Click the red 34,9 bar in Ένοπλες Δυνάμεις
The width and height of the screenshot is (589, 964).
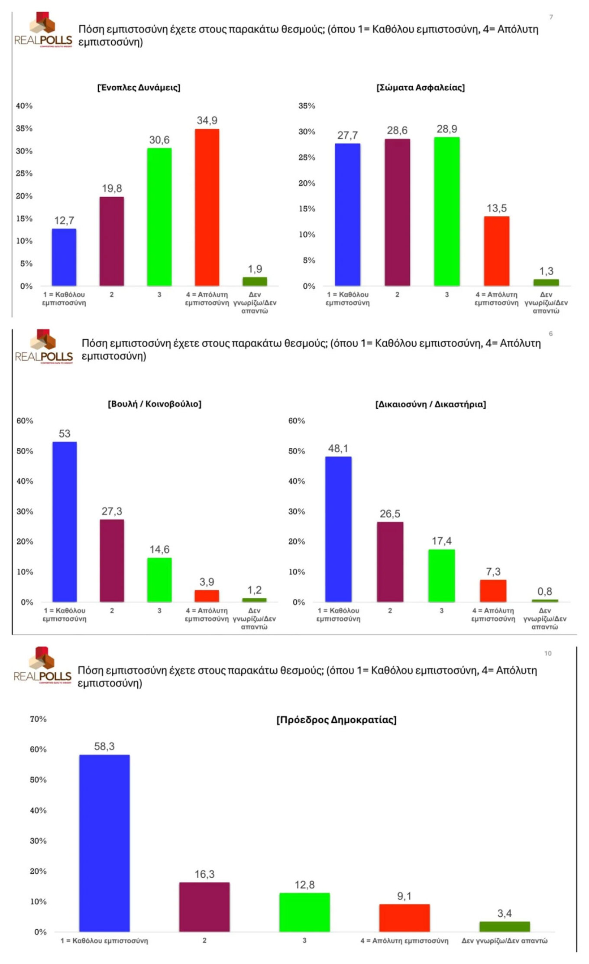tap(207, 207)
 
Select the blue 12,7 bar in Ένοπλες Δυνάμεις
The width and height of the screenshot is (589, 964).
tap(64, 257)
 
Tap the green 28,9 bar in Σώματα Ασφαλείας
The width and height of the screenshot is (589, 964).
tap(447, 212)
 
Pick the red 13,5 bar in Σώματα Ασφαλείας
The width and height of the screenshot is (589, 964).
tap(496, 251)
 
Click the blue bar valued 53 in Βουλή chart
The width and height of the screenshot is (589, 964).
tap(65, 521)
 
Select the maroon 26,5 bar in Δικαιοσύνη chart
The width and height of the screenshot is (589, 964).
tap(390, 562)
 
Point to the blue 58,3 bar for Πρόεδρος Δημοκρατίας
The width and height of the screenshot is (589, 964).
tap(104, 843)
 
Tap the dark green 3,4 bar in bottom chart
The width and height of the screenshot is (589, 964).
tap(504, 926)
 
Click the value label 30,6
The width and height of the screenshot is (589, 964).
tap(159, 140)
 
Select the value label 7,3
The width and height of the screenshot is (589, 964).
tap(493, 572)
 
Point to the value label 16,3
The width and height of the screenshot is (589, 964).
tap(204, 874)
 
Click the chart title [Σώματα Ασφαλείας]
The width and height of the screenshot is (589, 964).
tap(421, 88)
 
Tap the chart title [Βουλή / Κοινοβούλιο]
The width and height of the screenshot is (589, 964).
tap(155, 404)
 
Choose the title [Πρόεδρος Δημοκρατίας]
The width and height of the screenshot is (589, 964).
tap(337, 720)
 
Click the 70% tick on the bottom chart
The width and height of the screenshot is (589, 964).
tap(38, 719)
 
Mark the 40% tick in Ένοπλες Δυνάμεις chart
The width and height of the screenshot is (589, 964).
tap(24, 106)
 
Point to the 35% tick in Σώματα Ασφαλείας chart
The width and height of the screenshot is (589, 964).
tap(307, 106)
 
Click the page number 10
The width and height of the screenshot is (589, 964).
tap(548, 653)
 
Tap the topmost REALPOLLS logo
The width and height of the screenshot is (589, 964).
tap(43, 30)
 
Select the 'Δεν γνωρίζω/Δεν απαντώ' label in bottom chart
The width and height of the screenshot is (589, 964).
tap(504, 941)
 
